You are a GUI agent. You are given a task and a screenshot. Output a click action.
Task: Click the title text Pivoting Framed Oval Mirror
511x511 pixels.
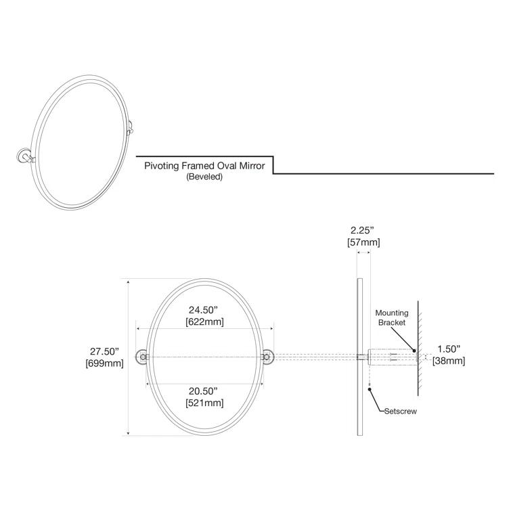pyautogui.click(x=204, y=166)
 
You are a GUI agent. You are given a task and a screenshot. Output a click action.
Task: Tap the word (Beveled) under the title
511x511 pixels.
pyautogui.click(x=204, y=177)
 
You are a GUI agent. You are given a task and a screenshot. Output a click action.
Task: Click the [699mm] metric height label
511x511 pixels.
pyautogui.click(x=104, y=363)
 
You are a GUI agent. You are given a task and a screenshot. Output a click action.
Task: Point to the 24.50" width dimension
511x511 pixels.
pyautogui.click(x=204, y=310)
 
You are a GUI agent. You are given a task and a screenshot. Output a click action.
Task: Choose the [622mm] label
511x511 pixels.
pyautogui.click(x=204, y=322)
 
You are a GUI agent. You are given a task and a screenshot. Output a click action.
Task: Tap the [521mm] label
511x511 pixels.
pyautogui.click(x=204, y=403)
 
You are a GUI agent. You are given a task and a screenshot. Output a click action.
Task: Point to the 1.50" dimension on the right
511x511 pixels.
pyautogui.click(x=449, y=349)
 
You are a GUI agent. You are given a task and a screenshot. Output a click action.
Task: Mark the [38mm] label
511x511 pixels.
pyautogui.click(x=449, y=361)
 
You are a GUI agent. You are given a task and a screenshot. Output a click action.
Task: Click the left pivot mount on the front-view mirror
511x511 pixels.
pyautogui.click(x=142, y=357)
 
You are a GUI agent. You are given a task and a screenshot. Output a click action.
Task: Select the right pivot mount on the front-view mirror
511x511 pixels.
pyautogui.click(x=268, y=357)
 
